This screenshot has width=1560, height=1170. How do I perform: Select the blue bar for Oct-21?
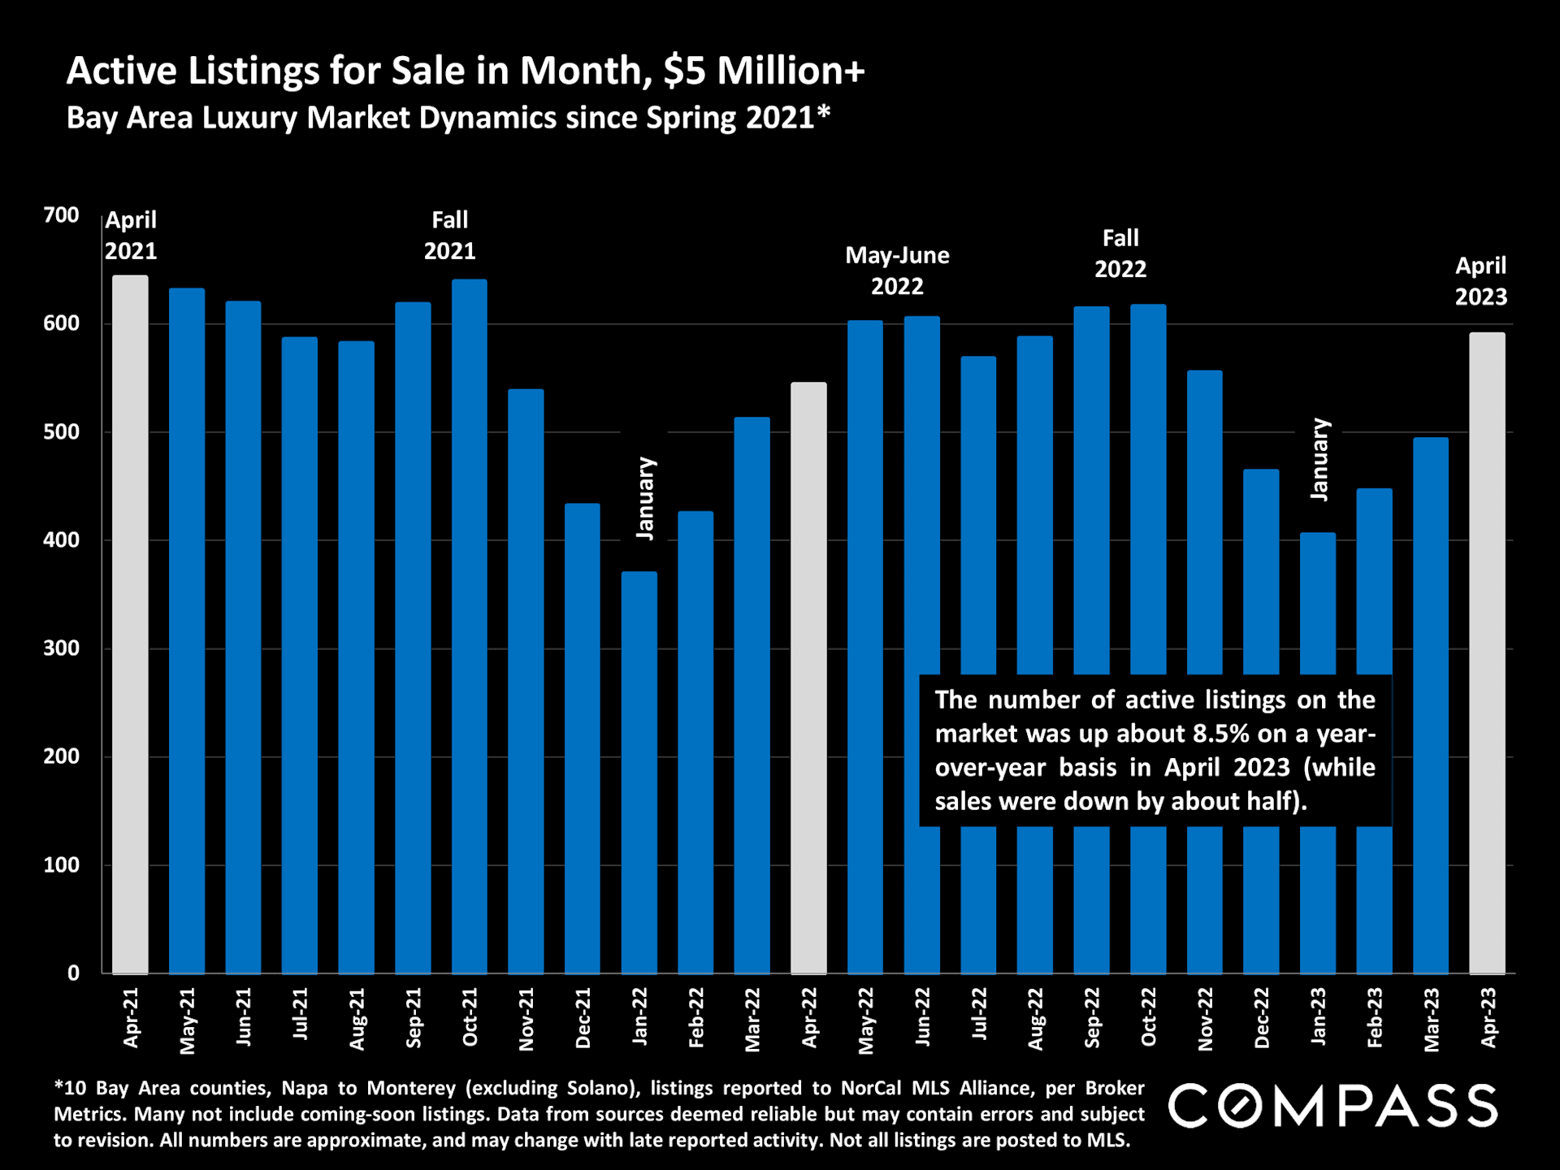pos(470,626)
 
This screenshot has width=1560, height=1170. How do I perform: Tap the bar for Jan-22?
pos(639,772)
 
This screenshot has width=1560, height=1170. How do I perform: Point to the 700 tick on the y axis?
pos(62,215)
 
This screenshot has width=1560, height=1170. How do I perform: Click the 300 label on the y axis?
pos(62,648)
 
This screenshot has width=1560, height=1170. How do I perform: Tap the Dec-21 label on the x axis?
pos(583,1018)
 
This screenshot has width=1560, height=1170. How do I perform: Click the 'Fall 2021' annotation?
pos(449,236)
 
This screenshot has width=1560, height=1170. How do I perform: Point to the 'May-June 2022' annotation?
pos(897,271)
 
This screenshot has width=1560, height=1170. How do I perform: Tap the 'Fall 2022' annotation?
pos(1120,253)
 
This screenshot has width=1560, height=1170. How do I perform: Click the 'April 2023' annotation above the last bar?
pos(1480,281)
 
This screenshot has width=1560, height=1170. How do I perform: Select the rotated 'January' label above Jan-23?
pos(1319,459)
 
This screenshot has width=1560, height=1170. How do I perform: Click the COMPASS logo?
pos(1332,1106)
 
